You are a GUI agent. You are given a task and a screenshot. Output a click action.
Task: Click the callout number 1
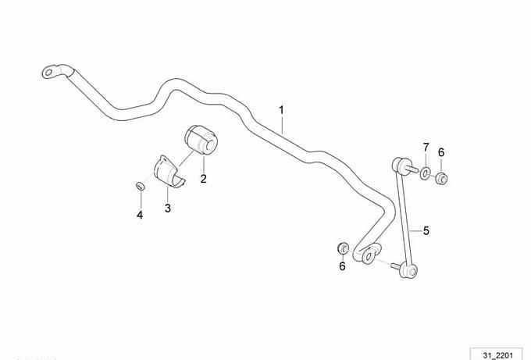(x=281, y=110)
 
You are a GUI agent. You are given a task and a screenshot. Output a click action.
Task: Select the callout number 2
(x=203, y=179)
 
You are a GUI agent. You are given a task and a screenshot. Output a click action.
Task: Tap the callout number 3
(x=168, y=208)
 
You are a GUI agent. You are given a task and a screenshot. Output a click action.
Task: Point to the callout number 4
(x=140, y=215)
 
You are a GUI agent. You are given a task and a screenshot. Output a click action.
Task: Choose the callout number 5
(x=426, y=230)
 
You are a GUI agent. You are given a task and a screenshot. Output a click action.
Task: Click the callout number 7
(x=426, y=148)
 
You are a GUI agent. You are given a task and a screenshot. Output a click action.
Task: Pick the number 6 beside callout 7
(x=441, y=152)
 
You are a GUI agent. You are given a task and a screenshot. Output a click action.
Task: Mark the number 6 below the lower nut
(x=342, y=266)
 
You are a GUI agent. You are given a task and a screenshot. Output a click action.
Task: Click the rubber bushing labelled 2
(x=201, y=140)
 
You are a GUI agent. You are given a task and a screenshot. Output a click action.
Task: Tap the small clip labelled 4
(x=140, y=186)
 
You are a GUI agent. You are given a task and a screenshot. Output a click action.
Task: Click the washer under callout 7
(x=426, y=173)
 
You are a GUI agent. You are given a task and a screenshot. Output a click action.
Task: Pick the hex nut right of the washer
(x=441, y=177)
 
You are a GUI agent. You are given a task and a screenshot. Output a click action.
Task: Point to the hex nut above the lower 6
(x=343, y=248)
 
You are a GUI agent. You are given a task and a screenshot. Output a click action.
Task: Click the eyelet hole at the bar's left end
(x=48, y=72)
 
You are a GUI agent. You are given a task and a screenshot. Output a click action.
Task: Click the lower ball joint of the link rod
(x=408, y=270)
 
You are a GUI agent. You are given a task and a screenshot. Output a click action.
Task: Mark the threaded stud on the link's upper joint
(x=412, y=169)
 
